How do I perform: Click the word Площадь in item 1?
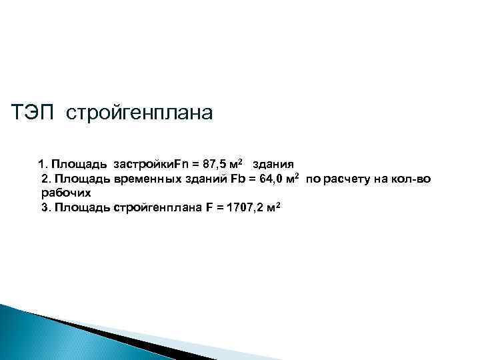coord(81,164)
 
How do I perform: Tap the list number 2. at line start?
coord(46,179)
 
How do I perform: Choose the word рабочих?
coord(65,193)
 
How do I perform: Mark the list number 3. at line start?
coord(46,207)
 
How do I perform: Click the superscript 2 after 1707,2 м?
coord(277,205)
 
